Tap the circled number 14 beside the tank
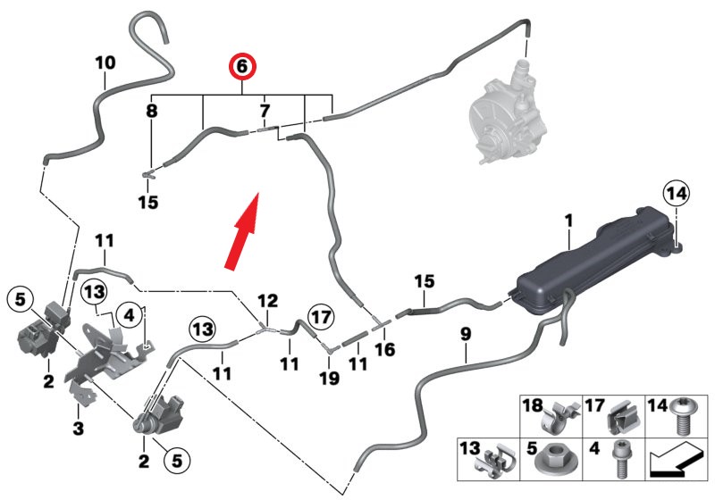tap(676, 193)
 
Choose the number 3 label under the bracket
tap(79, 429)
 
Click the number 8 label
tap(151, 112)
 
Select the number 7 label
tap(264, 112)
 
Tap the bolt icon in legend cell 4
tap(622, 462)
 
